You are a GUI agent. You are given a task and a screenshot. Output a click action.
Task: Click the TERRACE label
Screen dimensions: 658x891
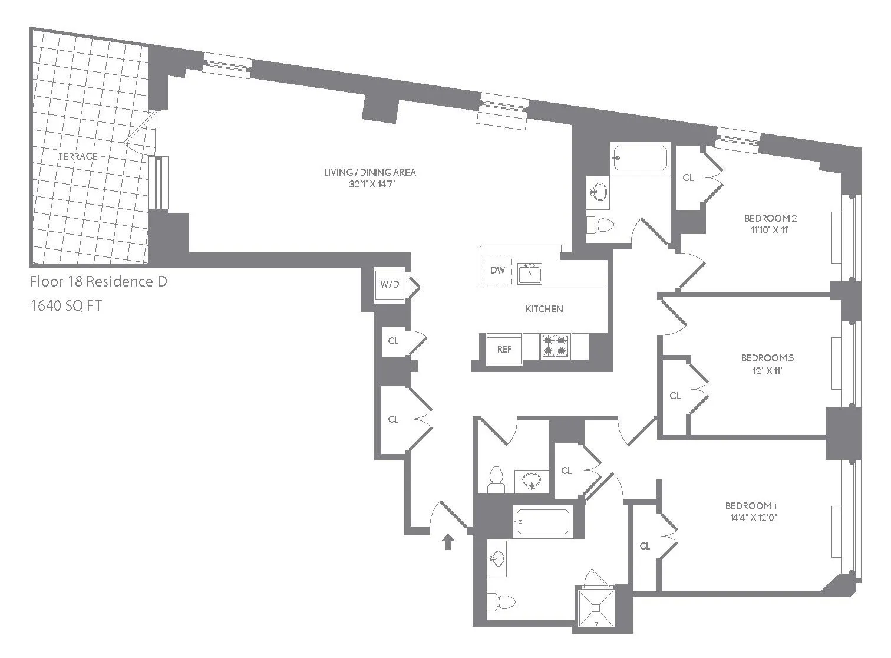coord(78,156)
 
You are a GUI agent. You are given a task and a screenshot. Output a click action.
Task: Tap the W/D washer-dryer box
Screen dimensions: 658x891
coord(390,284)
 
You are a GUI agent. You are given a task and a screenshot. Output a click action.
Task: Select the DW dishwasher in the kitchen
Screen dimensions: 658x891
coord(497,270)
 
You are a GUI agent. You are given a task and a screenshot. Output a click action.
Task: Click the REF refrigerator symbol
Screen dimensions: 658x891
coord(504,349)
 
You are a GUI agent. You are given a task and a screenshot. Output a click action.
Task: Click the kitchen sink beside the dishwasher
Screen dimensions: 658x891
coord(530,274)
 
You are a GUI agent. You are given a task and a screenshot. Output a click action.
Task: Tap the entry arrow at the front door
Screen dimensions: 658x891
coord(448,541)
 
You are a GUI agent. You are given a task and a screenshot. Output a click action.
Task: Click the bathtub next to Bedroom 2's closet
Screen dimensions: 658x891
coord(639,158)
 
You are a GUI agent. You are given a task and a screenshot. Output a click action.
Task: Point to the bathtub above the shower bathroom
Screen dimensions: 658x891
coord(542,521)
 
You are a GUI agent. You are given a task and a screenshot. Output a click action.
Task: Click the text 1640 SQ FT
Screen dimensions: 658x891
coord(65,306)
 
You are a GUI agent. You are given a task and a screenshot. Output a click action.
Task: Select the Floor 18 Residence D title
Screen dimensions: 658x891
coord(98,282)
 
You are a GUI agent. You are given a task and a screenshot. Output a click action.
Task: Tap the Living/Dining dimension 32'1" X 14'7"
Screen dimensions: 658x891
coord(370,184)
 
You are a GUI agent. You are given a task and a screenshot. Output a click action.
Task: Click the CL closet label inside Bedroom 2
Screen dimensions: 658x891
coord(688,177)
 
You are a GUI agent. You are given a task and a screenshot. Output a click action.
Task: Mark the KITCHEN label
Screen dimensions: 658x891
coord(544,309)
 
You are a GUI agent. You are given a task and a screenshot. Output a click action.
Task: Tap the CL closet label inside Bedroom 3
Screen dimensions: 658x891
coord(675,396)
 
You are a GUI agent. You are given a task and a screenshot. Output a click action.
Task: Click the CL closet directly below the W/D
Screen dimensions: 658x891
coord(393,341)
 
